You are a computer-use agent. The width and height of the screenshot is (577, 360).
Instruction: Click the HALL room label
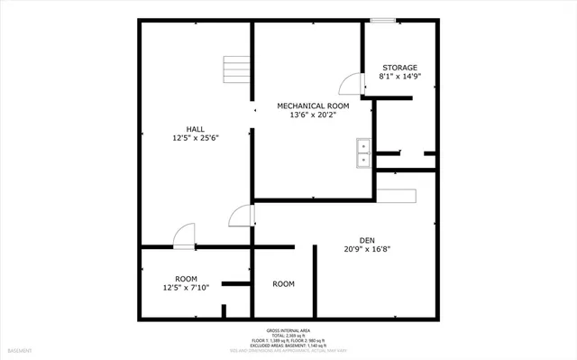coord(194,129)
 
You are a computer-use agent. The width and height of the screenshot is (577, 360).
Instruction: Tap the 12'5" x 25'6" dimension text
coord(196,139)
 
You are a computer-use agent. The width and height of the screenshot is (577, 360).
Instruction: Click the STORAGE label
coord(399,68)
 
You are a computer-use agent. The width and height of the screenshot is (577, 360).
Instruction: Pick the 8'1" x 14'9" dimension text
coord(399,78)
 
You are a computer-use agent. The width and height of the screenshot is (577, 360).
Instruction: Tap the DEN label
coord(367,240)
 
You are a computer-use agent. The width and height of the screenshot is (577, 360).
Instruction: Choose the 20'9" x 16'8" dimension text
coord(367,250)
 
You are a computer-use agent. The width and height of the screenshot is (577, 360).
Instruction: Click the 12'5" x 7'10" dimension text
coord(186,288)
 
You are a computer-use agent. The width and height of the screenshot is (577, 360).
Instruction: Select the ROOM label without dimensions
coord(284,284)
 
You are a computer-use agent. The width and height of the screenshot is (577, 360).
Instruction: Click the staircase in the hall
coord(236,69)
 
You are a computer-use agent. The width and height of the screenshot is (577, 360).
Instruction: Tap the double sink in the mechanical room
coord(363,153)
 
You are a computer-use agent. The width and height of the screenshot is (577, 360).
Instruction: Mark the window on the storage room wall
coord(382,20)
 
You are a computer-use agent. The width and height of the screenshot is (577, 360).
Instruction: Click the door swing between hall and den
coord(241,216)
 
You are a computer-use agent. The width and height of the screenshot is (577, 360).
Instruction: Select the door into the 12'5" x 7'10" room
coord(183,235)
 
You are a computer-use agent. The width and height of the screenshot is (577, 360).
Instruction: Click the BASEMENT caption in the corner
coord(20,350)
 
